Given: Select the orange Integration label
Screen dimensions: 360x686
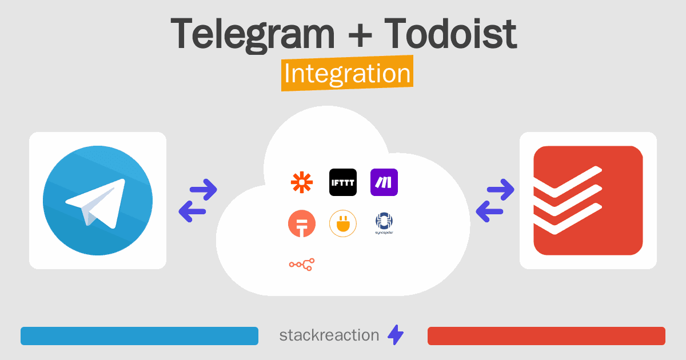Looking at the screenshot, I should (x=347, y=75).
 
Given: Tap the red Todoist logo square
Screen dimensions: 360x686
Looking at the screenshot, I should (x=588, y=201).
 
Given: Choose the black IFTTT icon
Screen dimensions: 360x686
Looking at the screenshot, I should (x=343, y=182).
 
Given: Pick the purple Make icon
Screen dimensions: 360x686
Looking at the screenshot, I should (x=384, y=182).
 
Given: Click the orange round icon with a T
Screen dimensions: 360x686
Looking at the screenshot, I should (x=301, y=224).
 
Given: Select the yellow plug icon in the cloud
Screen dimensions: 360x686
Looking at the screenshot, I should (x=343, y=224).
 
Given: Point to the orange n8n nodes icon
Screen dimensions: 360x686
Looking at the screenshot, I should (x=301, y=264).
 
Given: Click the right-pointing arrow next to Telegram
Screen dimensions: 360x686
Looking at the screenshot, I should (x=204, y=189).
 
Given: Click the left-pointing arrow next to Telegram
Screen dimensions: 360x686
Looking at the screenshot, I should (x=192, y=212).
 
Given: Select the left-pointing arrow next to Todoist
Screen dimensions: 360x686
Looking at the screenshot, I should (x=489, y=212).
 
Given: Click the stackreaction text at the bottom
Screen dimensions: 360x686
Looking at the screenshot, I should (x=329, y=335).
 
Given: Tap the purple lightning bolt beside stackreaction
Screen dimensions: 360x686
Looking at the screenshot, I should (x=396, y=335).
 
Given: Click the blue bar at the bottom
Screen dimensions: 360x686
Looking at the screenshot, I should (x=139, y=336).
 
